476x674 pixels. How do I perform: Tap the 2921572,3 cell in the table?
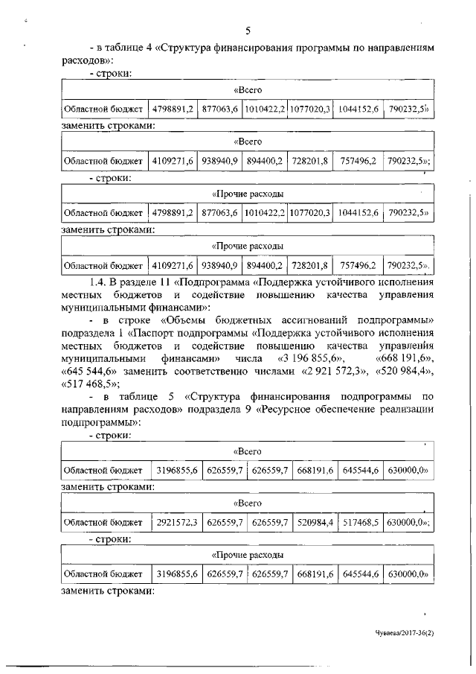point(177,522)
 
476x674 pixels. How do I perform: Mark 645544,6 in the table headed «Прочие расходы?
point(360,574)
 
